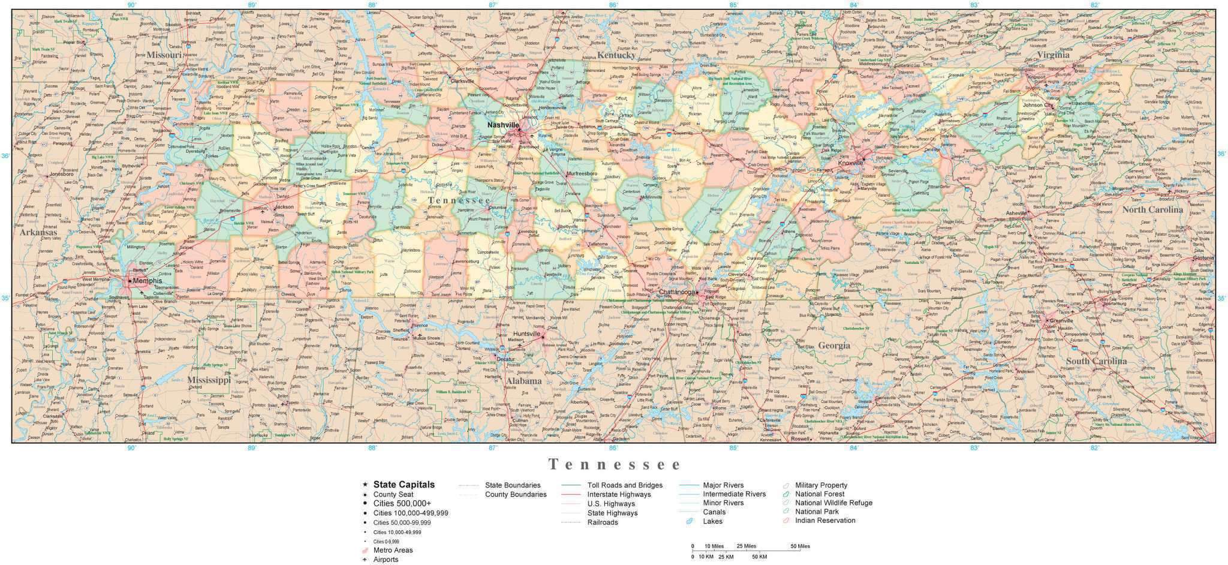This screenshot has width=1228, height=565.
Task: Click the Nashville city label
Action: click(502, 125)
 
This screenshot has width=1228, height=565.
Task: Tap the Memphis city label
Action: click(148, 281)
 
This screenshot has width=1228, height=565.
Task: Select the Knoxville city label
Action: click(850, 163)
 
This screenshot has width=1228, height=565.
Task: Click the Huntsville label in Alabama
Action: click(527, 333)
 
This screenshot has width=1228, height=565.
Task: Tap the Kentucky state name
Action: click(616, 55)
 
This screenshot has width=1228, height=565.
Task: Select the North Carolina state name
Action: click(1152, 209)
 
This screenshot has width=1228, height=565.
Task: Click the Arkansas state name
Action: click(38, 232)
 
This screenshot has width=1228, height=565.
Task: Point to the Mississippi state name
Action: click(208, 380)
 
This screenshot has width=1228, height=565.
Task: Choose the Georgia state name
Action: click(834, 345)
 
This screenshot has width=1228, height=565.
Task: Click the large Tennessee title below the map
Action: click(615, 465)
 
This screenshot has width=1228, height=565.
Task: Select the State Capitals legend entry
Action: click(404, 485)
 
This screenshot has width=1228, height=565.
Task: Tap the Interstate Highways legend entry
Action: click(619, 494)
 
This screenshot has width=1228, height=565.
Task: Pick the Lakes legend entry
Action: click(712, 521)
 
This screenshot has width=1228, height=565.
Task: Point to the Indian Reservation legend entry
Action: click(825, 520)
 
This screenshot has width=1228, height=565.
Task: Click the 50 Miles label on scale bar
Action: click(800, 546)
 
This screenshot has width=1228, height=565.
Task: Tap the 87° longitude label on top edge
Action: click(493, 5)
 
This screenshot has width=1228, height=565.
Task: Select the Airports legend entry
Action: click(386, 559)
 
